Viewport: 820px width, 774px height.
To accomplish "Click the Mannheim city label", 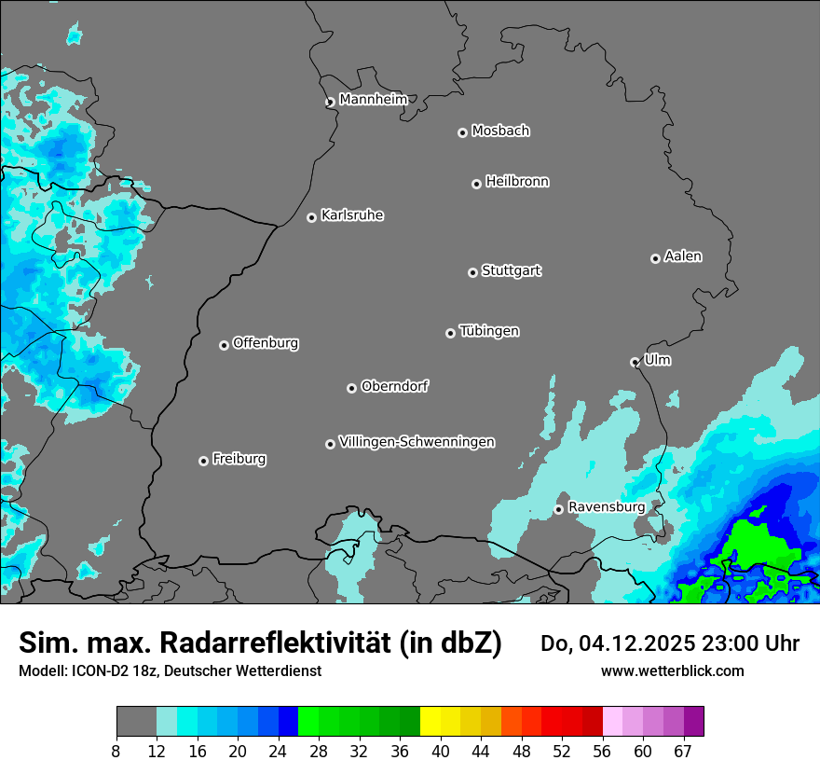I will coord(373,100).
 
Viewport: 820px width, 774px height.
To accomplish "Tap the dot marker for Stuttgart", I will coord(472,272).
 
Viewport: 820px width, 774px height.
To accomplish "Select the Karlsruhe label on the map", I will coord(352,215).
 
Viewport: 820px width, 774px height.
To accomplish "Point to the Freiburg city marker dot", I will coord(203,461).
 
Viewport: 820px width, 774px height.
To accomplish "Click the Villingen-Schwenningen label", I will coord(417,442).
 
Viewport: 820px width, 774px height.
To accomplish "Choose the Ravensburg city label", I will coord(606,506).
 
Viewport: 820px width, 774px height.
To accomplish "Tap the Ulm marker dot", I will coord(635,362).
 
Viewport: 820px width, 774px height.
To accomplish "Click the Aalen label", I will coord(683,256).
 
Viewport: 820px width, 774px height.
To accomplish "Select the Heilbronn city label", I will coord(517,182).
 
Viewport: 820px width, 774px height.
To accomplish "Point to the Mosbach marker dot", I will coord(462,132).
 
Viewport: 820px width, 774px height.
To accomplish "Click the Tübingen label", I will coord(489,331).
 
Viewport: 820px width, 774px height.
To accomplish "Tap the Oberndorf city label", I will coord(394,386).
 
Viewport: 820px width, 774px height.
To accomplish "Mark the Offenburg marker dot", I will coord(224,345).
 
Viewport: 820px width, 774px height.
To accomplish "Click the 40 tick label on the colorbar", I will coord(440,751).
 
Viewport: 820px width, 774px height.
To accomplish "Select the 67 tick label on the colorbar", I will coord(683,751).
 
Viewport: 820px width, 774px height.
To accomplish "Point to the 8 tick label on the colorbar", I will coord(116,751).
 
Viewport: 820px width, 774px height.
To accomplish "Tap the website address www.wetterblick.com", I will coord(672,670).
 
